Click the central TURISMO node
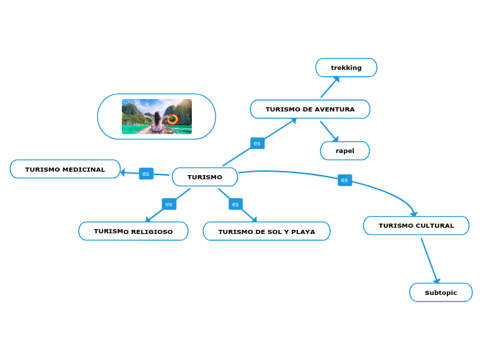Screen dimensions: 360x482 click(204, 177)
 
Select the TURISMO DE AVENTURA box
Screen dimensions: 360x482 click(310, 109)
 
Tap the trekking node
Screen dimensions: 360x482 click(346, 68)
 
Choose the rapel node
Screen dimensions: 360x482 click(345, 151)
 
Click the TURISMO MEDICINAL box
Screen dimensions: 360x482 click(65, 169)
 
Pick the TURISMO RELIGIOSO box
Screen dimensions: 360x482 click(133, 231)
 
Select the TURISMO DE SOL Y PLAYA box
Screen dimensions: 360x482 click(266, 231)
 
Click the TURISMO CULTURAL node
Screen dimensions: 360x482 click(416, 226)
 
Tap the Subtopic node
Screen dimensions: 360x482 click(440, 293)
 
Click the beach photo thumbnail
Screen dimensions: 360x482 click(157, 116)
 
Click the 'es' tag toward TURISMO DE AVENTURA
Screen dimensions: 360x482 click(257, 143)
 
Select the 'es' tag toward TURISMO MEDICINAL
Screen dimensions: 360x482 click(145, 174)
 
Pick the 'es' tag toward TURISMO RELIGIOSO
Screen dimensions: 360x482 click(168, 204)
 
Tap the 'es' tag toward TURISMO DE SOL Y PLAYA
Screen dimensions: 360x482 click(235, 204)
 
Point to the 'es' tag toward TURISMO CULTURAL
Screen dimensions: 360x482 click(344, 180)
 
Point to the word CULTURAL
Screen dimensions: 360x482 click(435, 226)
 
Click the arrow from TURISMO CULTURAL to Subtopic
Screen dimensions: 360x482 click(429, 261)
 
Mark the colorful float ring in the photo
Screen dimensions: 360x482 click(173, 119)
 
